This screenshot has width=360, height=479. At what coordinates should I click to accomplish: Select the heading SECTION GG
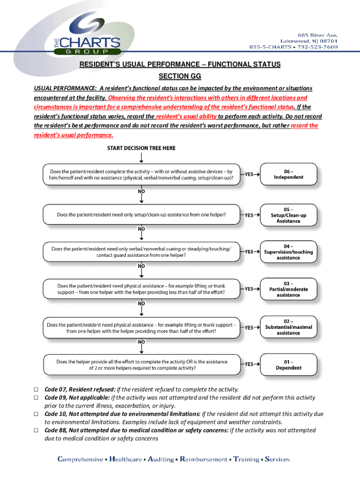[x=180, y=76]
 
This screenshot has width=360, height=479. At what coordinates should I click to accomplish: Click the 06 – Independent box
[x=288, y=174]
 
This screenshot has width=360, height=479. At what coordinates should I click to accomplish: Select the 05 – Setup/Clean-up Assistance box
[x=288, y=215]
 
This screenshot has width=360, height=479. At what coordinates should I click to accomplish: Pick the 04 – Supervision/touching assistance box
[x=288, y=252]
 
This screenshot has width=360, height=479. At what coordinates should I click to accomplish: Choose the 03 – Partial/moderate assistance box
[x=288, y=289]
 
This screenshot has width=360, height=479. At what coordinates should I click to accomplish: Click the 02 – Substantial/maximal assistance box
[x=288, y=327]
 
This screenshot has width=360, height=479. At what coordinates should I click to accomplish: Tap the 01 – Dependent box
[x=288, y=364]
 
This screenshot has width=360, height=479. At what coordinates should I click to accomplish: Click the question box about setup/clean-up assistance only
[x=141, y=215]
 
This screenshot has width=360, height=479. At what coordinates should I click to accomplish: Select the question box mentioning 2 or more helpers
[x=141, y=364]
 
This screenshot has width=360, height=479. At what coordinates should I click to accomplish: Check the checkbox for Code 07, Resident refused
[x=36, y=390]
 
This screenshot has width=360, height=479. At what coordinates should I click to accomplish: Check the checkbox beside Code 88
[x=36, y=430]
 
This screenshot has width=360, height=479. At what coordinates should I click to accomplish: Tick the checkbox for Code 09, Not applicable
[x=36, y=398]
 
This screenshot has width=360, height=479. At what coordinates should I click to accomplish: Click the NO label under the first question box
[x=141, y=191]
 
